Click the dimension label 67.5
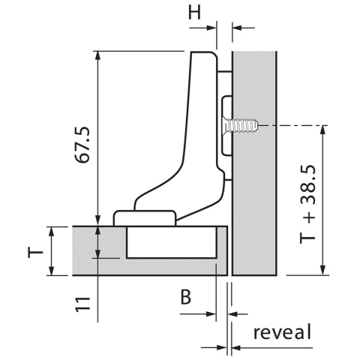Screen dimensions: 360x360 pyautogui.click(x=82, y=145)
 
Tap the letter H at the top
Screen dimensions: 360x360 pyautogui.click(x=194, y=13)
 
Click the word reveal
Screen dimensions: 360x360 pyautogui.click(x=282, y=331)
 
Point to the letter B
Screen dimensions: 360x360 pyautogui.click(x=186, y=297)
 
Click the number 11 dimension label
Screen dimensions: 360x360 pyautogui.click(x=82, y=304)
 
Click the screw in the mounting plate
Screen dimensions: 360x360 pyautogui.click(x=240, y=125)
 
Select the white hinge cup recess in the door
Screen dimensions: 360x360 pyautogui.click(x=171, y=242)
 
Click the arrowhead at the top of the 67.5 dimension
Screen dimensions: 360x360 pyautogui.click(x=98, y=55)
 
